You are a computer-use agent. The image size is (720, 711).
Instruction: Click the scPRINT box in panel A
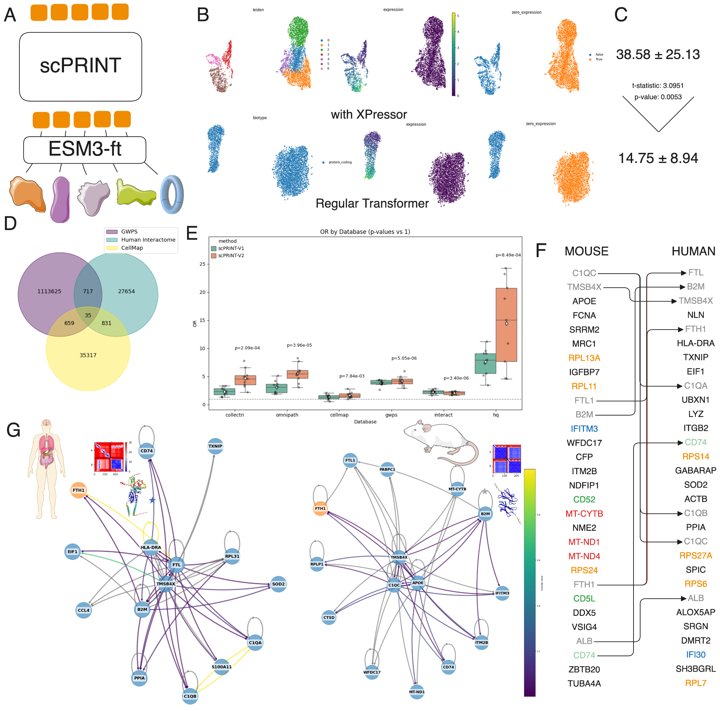coord(81,66)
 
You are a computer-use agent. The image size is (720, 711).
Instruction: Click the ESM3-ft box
coord(85,149)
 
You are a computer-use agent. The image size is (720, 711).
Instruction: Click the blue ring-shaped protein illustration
coord(172,194)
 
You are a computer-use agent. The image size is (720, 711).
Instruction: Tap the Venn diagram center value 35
coord(88,315)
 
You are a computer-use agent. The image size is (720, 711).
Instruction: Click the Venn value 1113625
coord(49,292)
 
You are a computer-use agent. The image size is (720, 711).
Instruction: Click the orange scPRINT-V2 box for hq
coord(506,325)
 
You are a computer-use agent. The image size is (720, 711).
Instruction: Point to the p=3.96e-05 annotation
coord(299,345)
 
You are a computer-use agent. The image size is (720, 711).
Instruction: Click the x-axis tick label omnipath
coord(287,415)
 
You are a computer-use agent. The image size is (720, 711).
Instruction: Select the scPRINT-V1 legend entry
coord(231,248)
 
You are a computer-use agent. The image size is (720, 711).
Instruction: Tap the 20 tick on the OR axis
coord(202,292)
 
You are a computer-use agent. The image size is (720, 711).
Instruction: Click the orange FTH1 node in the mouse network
coord(320,508)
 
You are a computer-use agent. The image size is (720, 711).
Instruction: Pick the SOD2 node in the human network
coord(278,584)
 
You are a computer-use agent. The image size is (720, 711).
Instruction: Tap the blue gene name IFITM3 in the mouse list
coord(584,429)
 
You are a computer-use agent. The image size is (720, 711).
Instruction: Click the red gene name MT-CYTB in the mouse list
coord(584,514)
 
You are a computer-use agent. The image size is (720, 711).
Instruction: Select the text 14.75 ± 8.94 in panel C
coord(658,158)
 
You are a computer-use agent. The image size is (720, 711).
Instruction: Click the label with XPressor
coord(368,114)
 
